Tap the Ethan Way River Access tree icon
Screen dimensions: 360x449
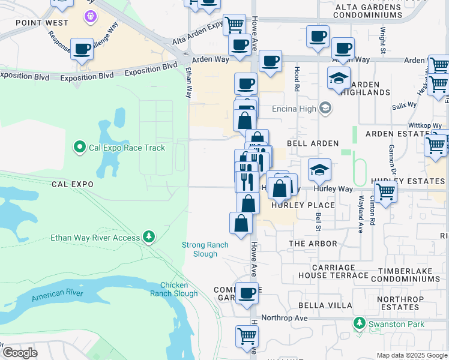[149, 238]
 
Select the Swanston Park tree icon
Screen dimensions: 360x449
[360, 324]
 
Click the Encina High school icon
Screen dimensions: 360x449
[325, 108]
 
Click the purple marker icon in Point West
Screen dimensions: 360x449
[91, 16]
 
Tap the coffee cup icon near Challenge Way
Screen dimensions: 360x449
[82, 49]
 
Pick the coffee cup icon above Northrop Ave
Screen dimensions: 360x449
[247, 293]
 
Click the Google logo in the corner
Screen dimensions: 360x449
[20, 352]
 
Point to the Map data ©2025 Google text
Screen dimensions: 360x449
[412, 355]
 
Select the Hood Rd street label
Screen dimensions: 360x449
[296, 79]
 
